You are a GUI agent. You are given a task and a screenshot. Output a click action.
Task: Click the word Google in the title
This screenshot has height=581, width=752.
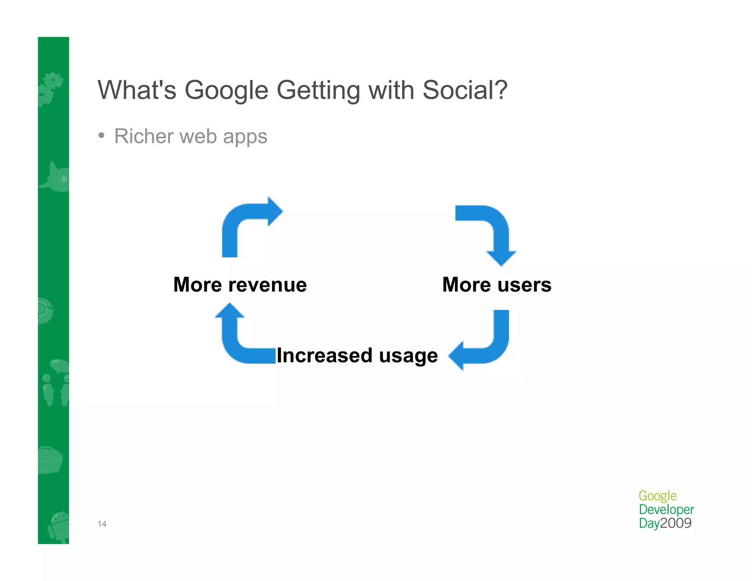[x=226, y=90]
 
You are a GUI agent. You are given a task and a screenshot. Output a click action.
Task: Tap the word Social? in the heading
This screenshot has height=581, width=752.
[x=465, y=90]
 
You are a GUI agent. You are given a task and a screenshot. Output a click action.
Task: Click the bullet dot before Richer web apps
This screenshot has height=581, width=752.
[x=102, y=136]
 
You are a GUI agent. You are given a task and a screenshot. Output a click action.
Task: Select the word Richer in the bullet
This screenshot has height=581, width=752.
[x=144, y=136]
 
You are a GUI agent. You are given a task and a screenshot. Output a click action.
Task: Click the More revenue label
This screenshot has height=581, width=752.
[x=240, y=285]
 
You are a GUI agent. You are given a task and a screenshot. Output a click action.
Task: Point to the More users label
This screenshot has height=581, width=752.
[x=496, y=285]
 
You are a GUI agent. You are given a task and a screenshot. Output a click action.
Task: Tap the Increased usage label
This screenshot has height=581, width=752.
[x=357, y=355]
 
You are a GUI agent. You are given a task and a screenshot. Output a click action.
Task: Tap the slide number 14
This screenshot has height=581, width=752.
[x=102, y=524]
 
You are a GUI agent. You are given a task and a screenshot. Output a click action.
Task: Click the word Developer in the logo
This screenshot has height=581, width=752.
[x=666, y=509]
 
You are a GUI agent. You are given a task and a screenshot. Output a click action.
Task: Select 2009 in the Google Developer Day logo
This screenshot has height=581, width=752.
[x=676, y=523]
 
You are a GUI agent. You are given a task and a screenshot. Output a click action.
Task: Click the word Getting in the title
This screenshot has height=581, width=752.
[x=318, y=90]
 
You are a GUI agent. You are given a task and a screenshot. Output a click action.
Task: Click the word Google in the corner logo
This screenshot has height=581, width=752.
[x=657, y=496]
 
